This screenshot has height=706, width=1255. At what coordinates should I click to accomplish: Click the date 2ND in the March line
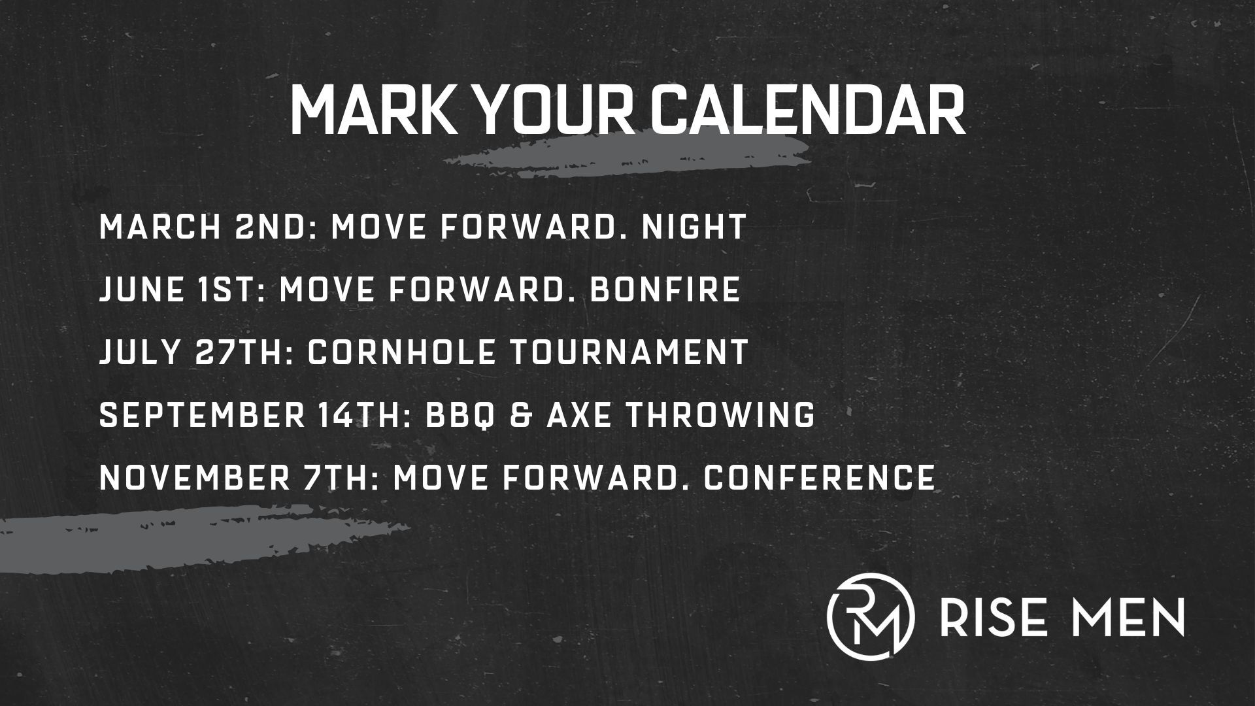[275, 227]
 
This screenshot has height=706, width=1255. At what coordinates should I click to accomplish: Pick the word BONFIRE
[665, 290]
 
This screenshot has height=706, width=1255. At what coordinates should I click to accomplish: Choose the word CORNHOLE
[401, 352]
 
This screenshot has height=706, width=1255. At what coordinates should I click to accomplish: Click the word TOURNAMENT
[628, 352]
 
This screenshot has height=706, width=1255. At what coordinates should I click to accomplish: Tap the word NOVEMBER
[195, 478]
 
